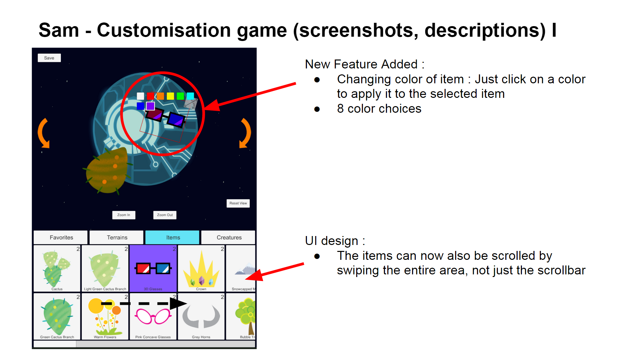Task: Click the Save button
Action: (49, 58)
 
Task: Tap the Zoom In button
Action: (124, 215)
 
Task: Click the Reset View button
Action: (238, 203)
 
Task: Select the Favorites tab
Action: (61, 237)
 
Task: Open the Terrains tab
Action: (117, 237)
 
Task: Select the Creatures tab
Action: (229, 237)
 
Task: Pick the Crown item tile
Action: (201, 268)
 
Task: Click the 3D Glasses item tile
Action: (153, 268)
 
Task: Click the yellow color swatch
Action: (170, 96)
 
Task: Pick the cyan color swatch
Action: (190, 96)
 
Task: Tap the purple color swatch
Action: (150, 106)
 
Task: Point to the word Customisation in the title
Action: (192, 30)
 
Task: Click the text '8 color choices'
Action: (379, 109)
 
